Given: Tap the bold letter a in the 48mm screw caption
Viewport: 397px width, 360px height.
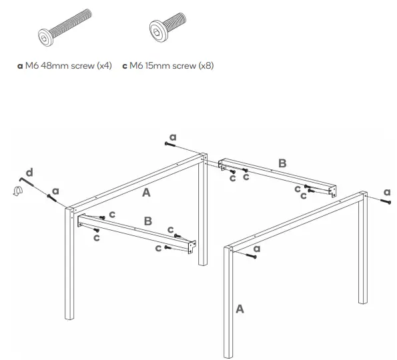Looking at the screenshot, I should tap(19, 66).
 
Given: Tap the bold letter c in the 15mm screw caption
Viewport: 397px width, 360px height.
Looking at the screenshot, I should tap(125, 66).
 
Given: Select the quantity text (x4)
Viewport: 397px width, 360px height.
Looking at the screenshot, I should tap(102, 66).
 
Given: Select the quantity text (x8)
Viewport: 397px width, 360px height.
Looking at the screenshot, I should tap(204, 66).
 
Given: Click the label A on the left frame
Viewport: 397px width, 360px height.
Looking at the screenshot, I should tap(146, 193).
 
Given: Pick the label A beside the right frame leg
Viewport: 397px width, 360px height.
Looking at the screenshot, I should tap(239, 309).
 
